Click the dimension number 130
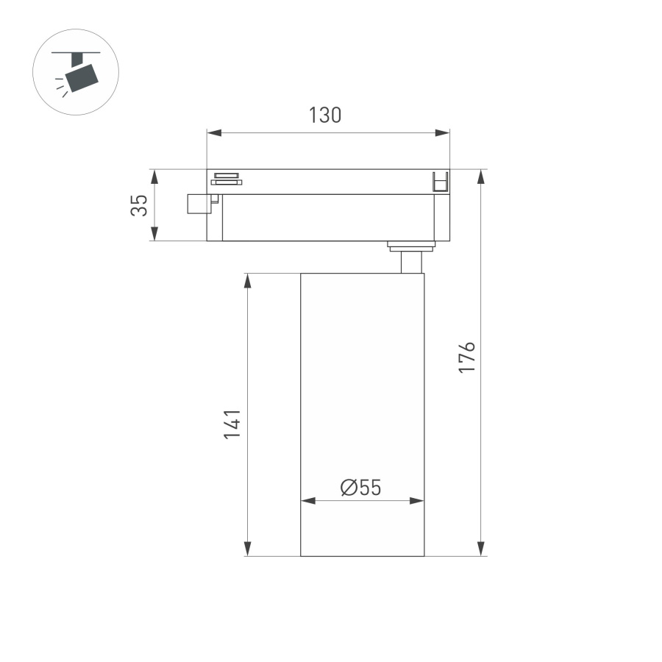325,115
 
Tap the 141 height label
232,424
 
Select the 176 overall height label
467,357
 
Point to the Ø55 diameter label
360,487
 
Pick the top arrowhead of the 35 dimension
154,177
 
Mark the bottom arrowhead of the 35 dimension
154,234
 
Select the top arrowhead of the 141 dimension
248,281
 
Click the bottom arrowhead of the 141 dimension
248,549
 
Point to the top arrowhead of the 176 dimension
481,177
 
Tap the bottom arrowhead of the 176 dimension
481,549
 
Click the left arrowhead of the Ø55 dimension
308,501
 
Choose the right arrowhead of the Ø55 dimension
417,501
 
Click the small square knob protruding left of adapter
198,204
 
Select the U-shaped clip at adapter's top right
440,182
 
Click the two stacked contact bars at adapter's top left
227,179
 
